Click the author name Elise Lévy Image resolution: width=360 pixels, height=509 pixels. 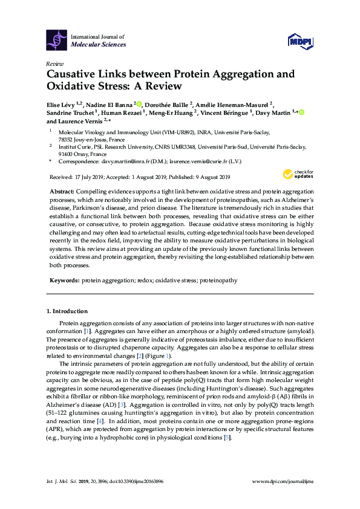pyautogui.click(x=62, y=103)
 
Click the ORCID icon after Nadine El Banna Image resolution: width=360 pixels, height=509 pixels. pyautogui.click(x=139, y=103)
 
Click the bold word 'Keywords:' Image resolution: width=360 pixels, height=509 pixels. pyautogui.click(x=64, y=281)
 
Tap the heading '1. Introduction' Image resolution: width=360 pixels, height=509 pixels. pyautogui.click(x=67, y=311)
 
